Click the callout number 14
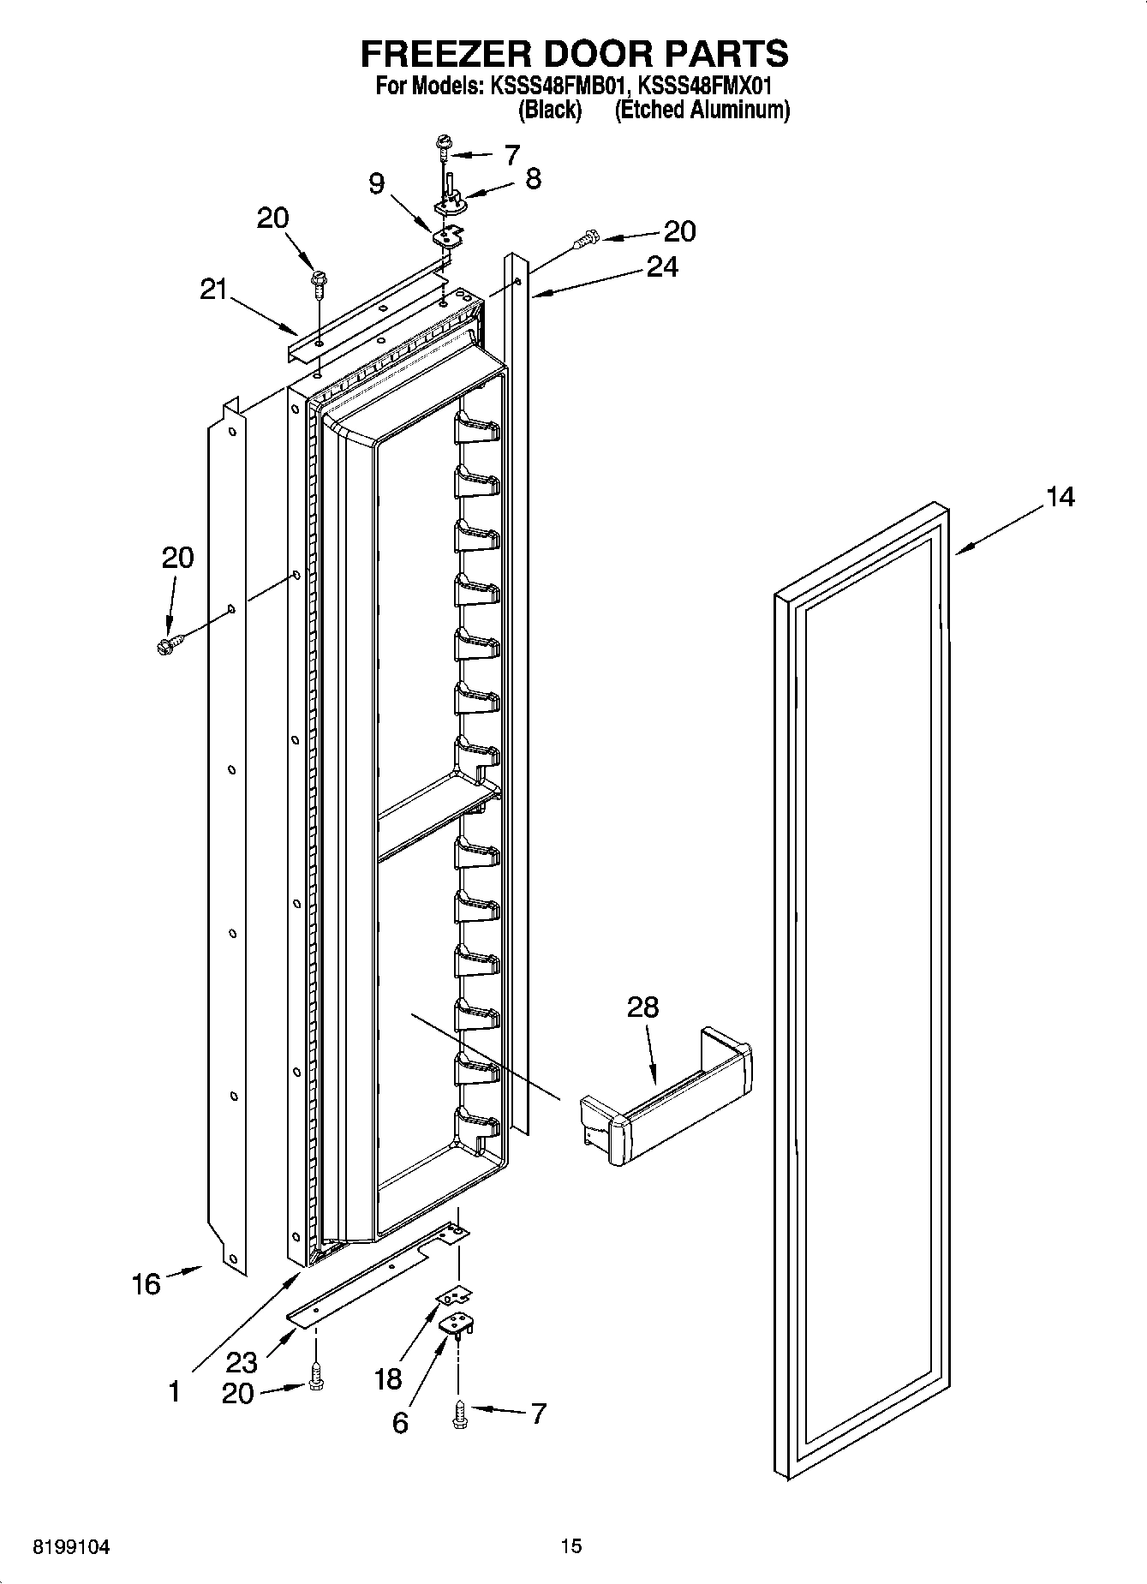pos(1060,497)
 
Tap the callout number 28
pos(642,1007)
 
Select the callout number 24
pos(662,267)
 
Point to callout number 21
pos(213,290)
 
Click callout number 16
pos(146,1283)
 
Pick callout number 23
pos(242,1361)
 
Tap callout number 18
pos(387,1378)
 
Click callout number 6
pos(400,1423)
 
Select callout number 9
pos(377,183)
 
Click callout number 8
pos(533,179)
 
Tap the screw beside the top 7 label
pos(444,146)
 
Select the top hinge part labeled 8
pos(450,194)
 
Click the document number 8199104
pos(71,1547)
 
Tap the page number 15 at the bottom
pos(571,1546)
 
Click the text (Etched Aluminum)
pos(702,110)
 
